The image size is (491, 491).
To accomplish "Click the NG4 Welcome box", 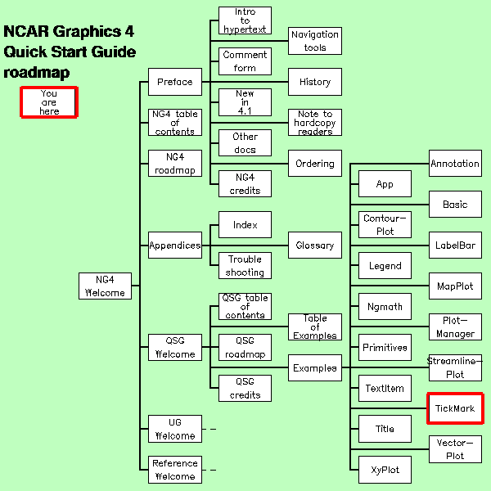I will point(105,286).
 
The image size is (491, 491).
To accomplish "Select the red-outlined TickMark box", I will point(455,408).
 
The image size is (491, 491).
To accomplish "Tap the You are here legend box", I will point(49,102).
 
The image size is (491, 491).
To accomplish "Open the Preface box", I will point(174,82).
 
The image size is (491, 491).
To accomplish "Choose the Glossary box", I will point(314,245).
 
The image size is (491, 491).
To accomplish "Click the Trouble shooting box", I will point(245,266).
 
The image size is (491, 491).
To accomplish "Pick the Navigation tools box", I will point(314,41).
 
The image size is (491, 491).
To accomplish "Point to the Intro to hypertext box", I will point(245,20).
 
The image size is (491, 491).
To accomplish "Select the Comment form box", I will point(245,61).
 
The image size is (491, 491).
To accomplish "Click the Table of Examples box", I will point(314,327).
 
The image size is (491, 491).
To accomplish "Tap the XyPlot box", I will point(385,470).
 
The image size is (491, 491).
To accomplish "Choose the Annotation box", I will point(455,164).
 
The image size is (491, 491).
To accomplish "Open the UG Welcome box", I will point(174,429).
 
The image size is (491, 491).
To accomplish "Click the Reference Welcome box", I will point(174,470).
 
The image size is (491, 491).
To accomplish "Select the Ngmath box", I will point(385,307).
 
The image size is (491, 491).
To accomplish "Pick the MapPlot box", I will point(455,286).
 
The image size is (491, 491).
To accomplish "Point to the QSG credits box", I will point(245,388).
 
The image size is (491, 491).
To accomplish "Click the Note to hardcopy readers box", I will point(314,123).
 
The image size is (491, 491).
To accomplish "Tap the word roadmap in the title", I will point(36,73).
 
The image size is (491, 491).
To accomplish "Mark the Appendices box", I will point(174,245).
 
